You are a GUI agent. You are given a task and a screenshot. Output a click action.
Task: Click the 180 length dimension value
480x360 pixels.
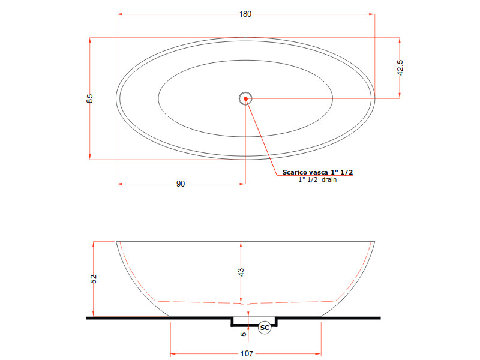[245, 14]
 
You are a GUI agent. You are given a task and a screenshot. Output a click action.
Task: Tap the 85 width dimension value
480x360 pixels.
[89, 98]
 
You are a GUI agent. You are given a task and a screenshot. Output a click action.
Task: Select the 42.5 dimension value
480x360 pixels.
[400, 68]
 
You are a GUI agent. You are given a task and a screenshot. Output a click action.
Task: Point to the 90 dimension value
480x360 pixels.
[181, 184]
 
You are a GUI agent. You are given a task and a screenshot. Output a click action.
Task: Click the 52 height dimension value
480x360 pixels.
[94, 279]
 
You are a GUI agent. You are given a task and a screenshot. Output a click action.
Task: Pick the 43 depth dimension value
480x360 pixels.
[241, 272]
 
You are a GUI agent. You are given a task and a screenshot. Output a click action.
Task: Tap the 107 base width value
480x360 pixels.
[247, 353]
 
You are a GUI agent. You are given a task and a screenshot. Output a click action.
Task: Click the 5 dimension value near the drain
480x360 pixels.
[244, 334]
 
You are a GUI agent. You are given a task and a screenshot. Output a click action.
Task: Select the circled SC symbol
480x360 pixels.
[265, 328]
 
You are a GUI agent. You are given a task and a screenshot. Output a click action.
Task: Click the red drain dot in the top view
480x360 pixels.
[245, 98]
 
